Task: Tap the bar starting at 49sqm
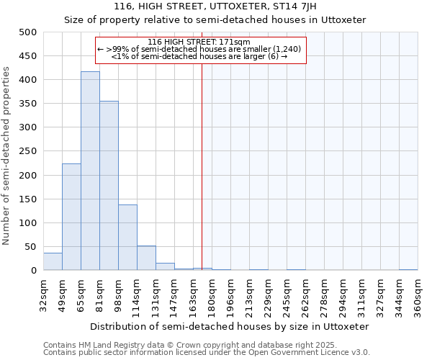pyautogui.click(x=71, y=217)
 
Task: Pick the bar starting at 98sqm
pyautogui.click(x=127, y=238)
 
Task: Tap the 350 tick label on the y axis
pyautogui.click(x=28, y=104)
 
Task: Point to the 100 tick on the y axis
pyautogui.click(x=28, y=223)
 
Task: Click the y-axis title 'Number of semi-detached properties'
pyautogui.click(x=7, y=155)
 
